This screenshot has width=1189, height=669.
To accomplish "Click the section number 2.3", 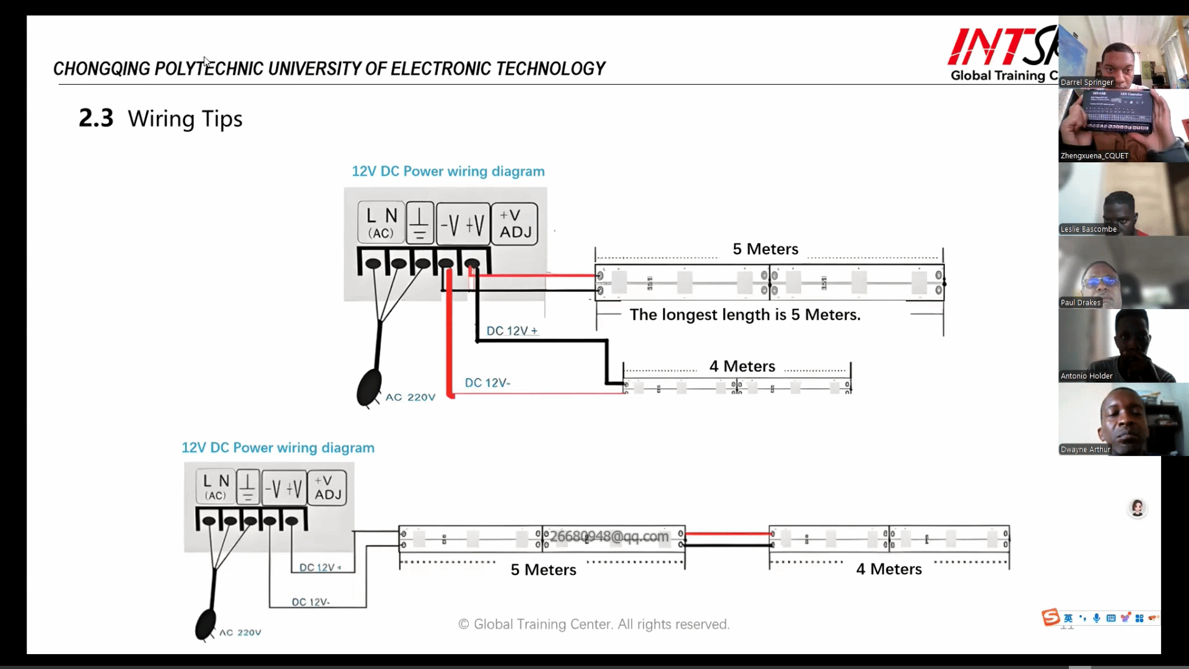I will tap(96, 118).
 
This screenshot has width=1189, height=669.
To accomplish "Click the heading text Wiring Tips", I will tap(185, 118).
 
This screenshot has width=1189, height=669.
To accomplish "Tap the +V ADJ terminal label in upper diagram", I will tap(515, 224).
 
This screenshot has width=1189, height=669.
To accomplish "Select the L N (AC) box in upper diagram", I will tap(381, 223).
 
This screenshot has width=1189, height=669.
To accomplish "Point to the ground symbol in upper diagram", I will tap(419, 223).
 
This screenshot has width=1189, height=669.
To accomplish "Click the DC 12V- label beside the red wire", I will tap(487, 383).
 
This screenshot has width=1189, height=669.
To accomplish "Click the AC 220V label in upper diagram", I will tap(410, 397).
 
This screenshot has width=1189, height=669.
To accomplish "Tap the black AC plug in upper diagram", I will tap(369, 388).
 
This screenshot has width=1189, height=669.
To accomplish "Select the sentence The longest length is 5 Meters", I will tap(745, 315).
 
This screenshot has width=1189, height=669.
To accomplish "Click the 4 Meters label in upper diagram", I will tap(742, 366).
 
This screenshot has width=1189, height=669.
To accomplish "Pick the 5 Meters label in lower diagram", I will tap(543, 570).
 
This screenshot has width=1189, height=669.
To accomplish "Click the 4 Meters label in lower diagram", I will tap(889, 569).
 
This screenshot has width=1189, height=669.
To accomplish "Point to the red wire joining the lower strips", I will tap(727, 533).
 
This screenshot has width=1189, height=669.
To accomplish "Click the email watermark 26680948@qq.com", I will tap(609, 536).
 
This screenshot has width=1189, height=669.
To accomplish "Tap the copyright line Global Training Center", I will tap(594, 624).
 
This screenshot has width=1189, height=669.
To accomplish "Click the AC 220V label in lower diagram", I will tap(240, 632).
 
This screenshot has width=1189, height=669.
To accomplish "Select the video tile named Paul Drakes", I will tap(1122, 273).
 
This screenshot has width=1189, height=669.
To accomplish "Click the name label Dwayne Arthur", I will tap(1085, 450).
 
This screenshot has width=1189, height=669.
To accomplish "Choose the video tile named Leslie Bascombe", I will tap(1122, 199).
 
